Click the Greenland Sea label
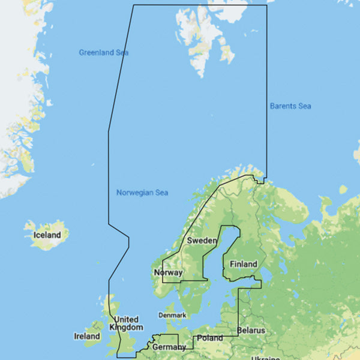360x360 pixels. click(x=104, y=53)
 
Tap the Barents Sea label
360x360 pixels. click(x=290, y=106)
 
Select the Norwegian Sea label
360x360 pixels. click(x=142, y=193)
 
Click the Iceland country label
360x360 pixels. click(x=47, y=235)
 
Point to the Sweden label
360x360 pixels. click(x=202, y=240)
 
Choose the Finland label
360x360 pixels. click(x=244, y=264)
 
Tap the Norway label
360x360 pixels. click(x=169, y=272)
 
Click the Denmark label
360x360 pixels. click(x=172, y=315)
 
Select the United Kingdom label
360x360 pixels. click(x=127, y=323)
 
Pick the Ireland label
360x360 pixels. click(x=87, y=336)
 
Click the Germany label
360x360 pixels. click(x=169, y=347)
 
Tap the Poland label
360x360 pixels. click(x=210, y=338)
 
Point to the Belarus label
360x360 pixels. click(x=251, y=331)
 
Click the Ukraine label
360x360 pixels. click(x=265, y=358)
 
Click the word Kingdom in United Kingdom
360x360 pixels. click(x=127, y=328)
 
